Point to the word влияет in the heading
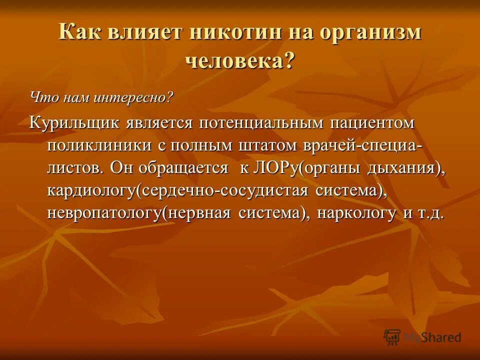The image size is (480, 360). coord(143,33)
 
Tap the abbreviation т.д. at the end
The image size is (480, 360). coord(430,214)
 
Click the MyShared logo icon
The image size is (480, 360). coord(392,337)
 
